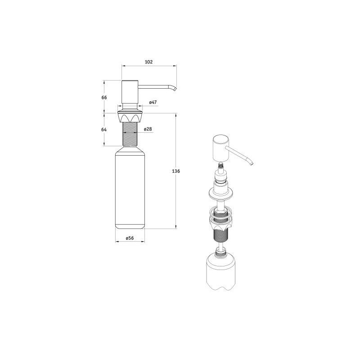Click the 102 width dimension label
[149, 62]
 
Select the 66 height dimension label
[104, 98]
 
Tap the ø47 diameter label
[153, 103]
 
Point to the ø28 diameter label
[148, 129]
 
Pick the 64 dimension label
[104, 130]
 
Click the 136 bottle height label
[176, 171]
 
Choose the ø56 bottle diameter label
[130, 238]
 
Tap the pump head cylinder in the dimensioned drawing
[130, 92]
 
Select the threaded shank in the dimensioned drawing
[130, 134]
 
